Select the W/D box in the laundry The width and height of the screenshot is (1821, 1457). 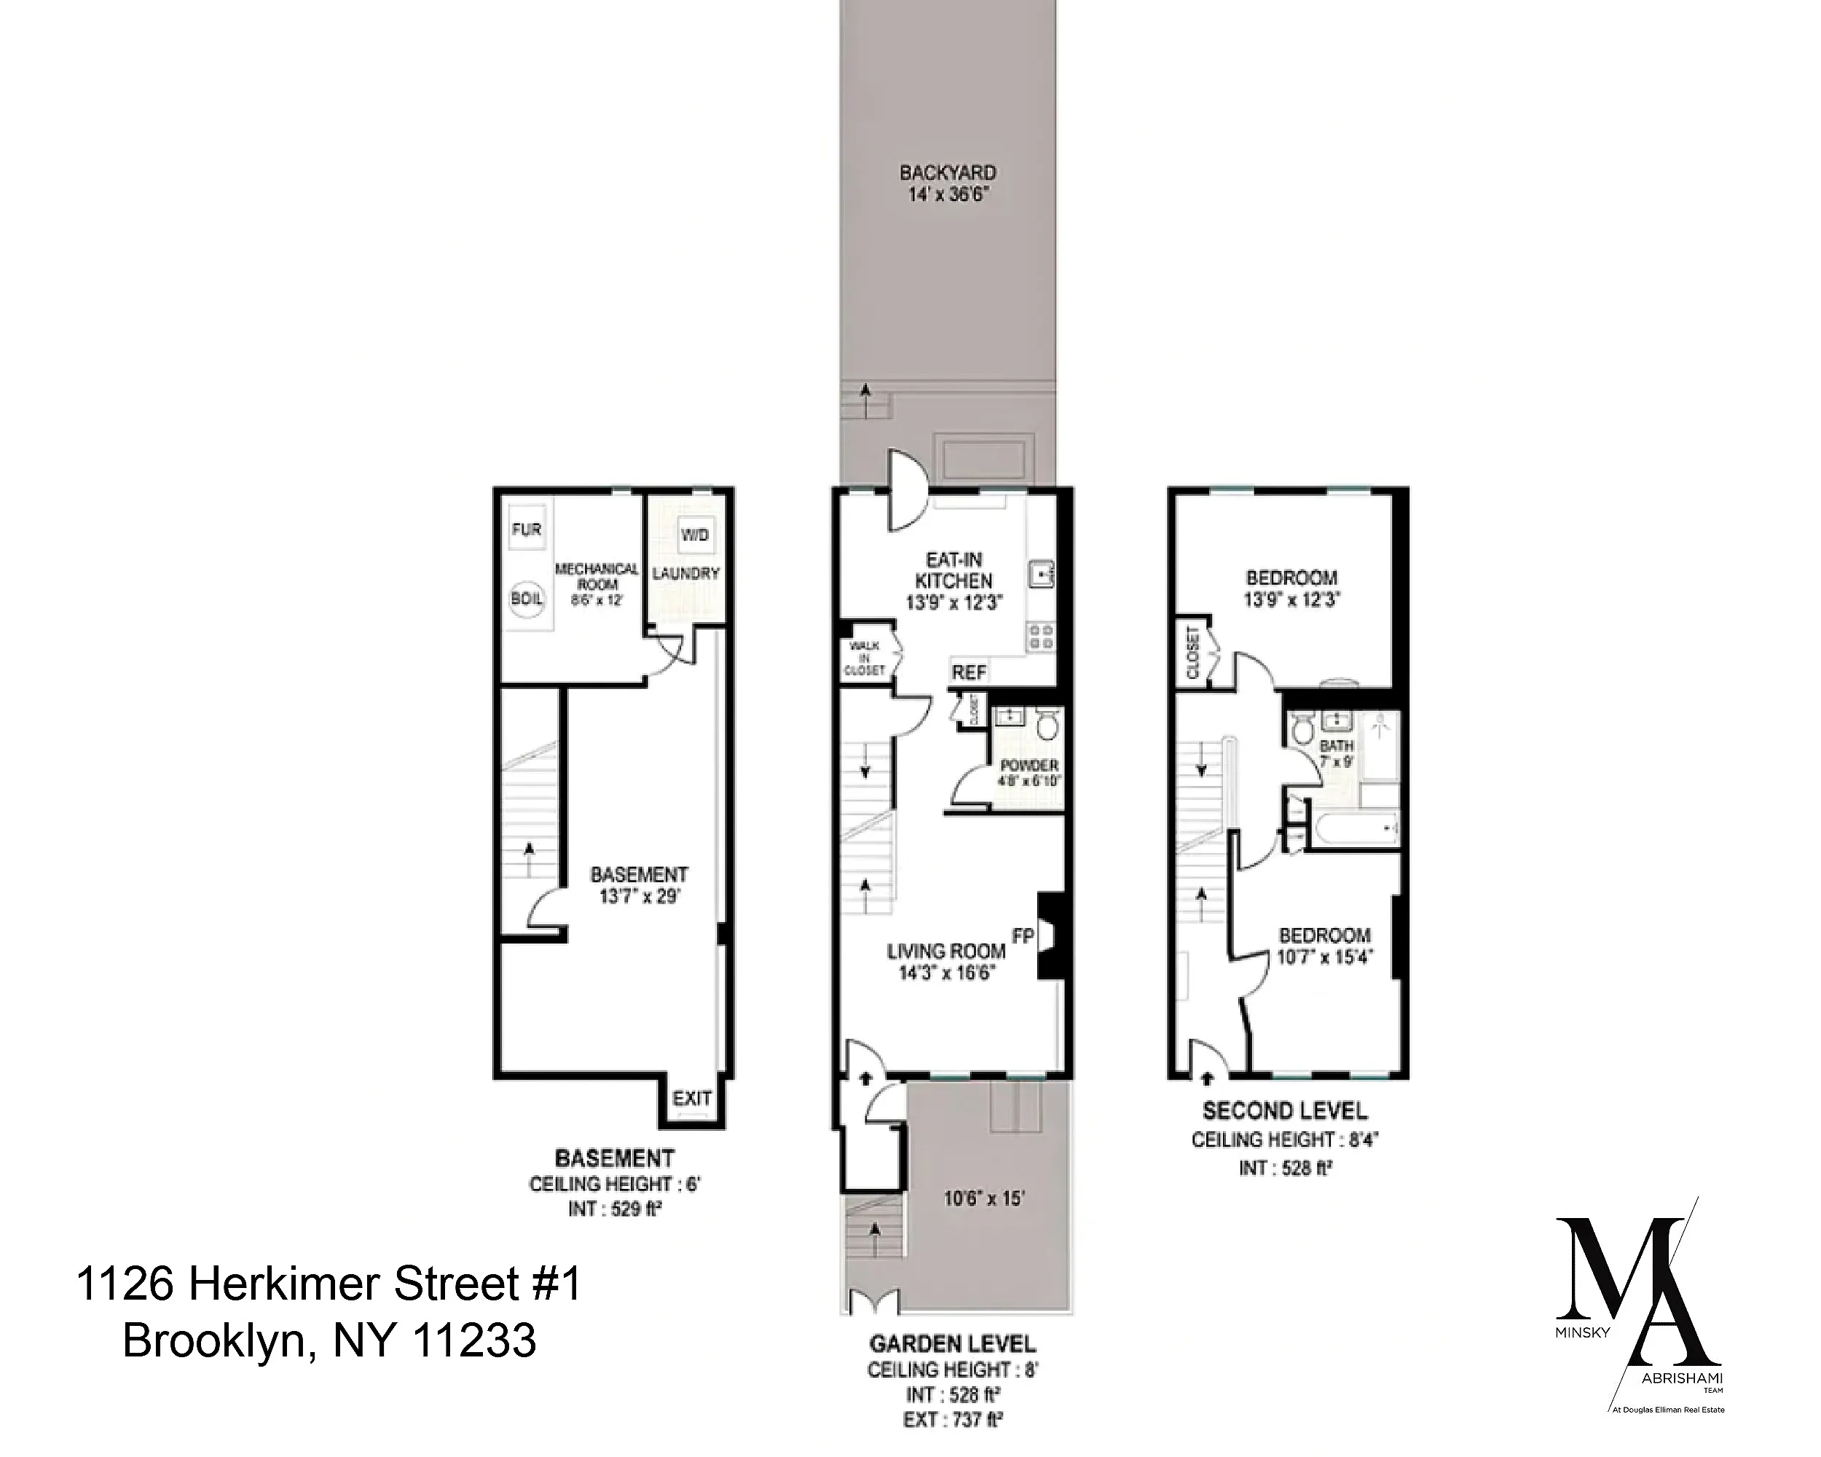[x=694, y=534]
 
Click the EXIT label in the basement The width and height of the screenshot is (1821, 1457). [x=692, y=1098]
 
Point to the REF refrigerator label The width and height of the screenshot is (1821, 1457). [x=969, y=672]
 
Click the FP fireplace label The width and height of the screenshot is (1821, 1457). [x=1023, y=936]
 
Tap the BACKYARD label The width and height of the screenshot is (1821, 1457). [x=947, y=173]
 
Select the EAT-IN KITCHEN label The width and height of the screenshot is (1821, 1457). [x=953, y=570]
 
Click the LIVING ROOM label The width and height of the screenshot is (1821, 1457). [x=945, y=951]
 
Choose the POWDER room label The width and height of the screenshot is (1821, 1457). [x=1029, y=765]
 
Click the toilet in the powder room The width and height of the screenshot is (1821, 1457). [x=1047, y=724]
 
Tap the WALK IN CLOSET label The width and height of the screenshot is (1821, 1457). [x=863, y=658]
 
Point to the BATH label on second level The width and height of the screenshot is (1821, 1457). [x=1335, y=746]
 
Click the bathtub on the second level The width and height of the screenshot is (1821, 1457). [x=1352, y=830]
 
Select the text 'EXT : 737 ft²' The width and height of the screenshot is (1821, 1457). [x=952, y=1420]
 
